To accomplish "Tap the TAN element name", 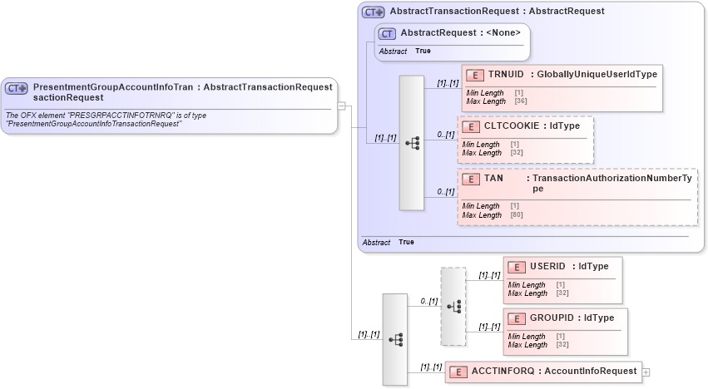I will [x=493, y=179].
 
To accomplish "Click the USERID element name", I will [x=547, y=266].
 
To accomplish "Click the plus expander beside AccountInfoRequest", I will [x=646, y=372].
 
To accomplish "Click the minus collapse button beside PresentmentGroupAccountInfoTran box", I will [x=341, y=105].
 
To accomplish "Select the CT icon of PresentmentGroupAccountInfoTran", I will [x=17, y=87].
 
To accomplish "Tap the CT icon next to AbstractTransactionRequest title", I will [x=373, y=12].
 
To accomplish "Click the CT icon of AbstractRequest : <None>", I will [x=387, y=33].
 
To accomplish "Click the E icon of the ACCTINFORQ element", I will [x=457, y=372].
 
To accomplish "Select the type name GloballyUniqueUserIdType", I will [x=597, y=75].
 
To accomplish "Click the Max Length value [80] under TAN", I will [x=517, y=215].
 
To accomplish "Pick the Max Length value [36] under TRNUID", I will [x=521, y=101].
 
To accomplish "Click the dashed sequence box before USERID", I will [x=453, y=306].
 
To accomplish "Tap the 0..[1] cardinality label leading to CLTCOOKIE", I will [x=446, y=135].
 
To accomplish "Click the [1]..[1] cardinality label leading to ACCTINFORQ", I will [x=431, y=367].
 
